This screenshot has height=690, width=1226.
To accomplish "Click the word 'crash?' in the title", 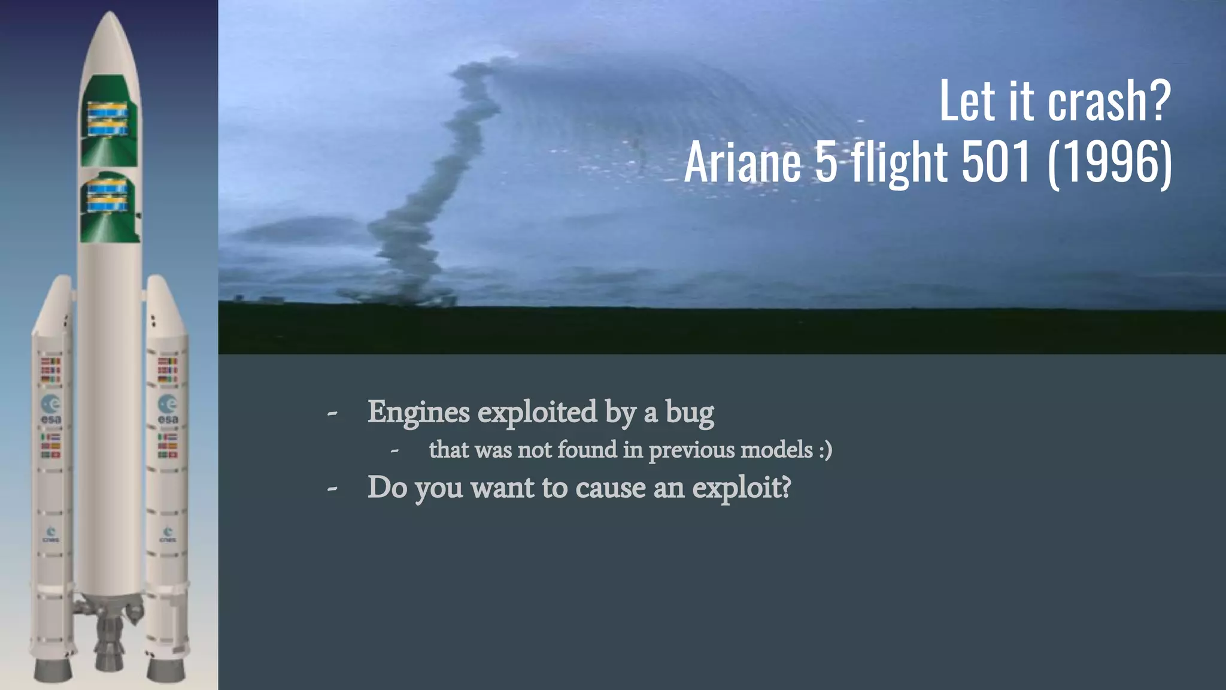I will coord(1108,101).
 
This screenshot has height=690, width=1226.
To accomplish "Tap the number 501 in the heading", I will coord(995,162).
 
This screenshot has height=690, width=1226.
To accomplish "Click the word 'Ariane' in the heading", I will coord(742,162).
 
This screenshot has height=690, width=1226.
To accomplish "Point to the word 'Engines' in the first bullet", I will coord(418,412).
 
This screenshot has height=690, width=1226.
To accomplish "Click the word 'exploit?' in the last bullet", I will coord(741,488).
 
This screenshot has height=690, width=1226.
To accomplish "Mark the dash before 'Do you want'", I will coord(332,488).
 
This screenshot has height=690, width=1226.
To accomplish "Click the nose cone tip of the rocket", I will coord(110,14).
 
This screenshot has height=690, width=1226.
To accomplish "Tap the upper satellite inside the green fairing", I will coord(108,119).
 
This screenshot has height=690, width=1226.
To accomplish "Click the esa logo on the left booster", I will coord(51,409).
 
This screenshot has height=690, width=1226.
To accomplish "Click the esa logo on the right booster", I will coord(168,409).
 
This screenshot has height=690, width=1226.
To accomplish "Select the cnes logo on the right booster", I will coord(168,534).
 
